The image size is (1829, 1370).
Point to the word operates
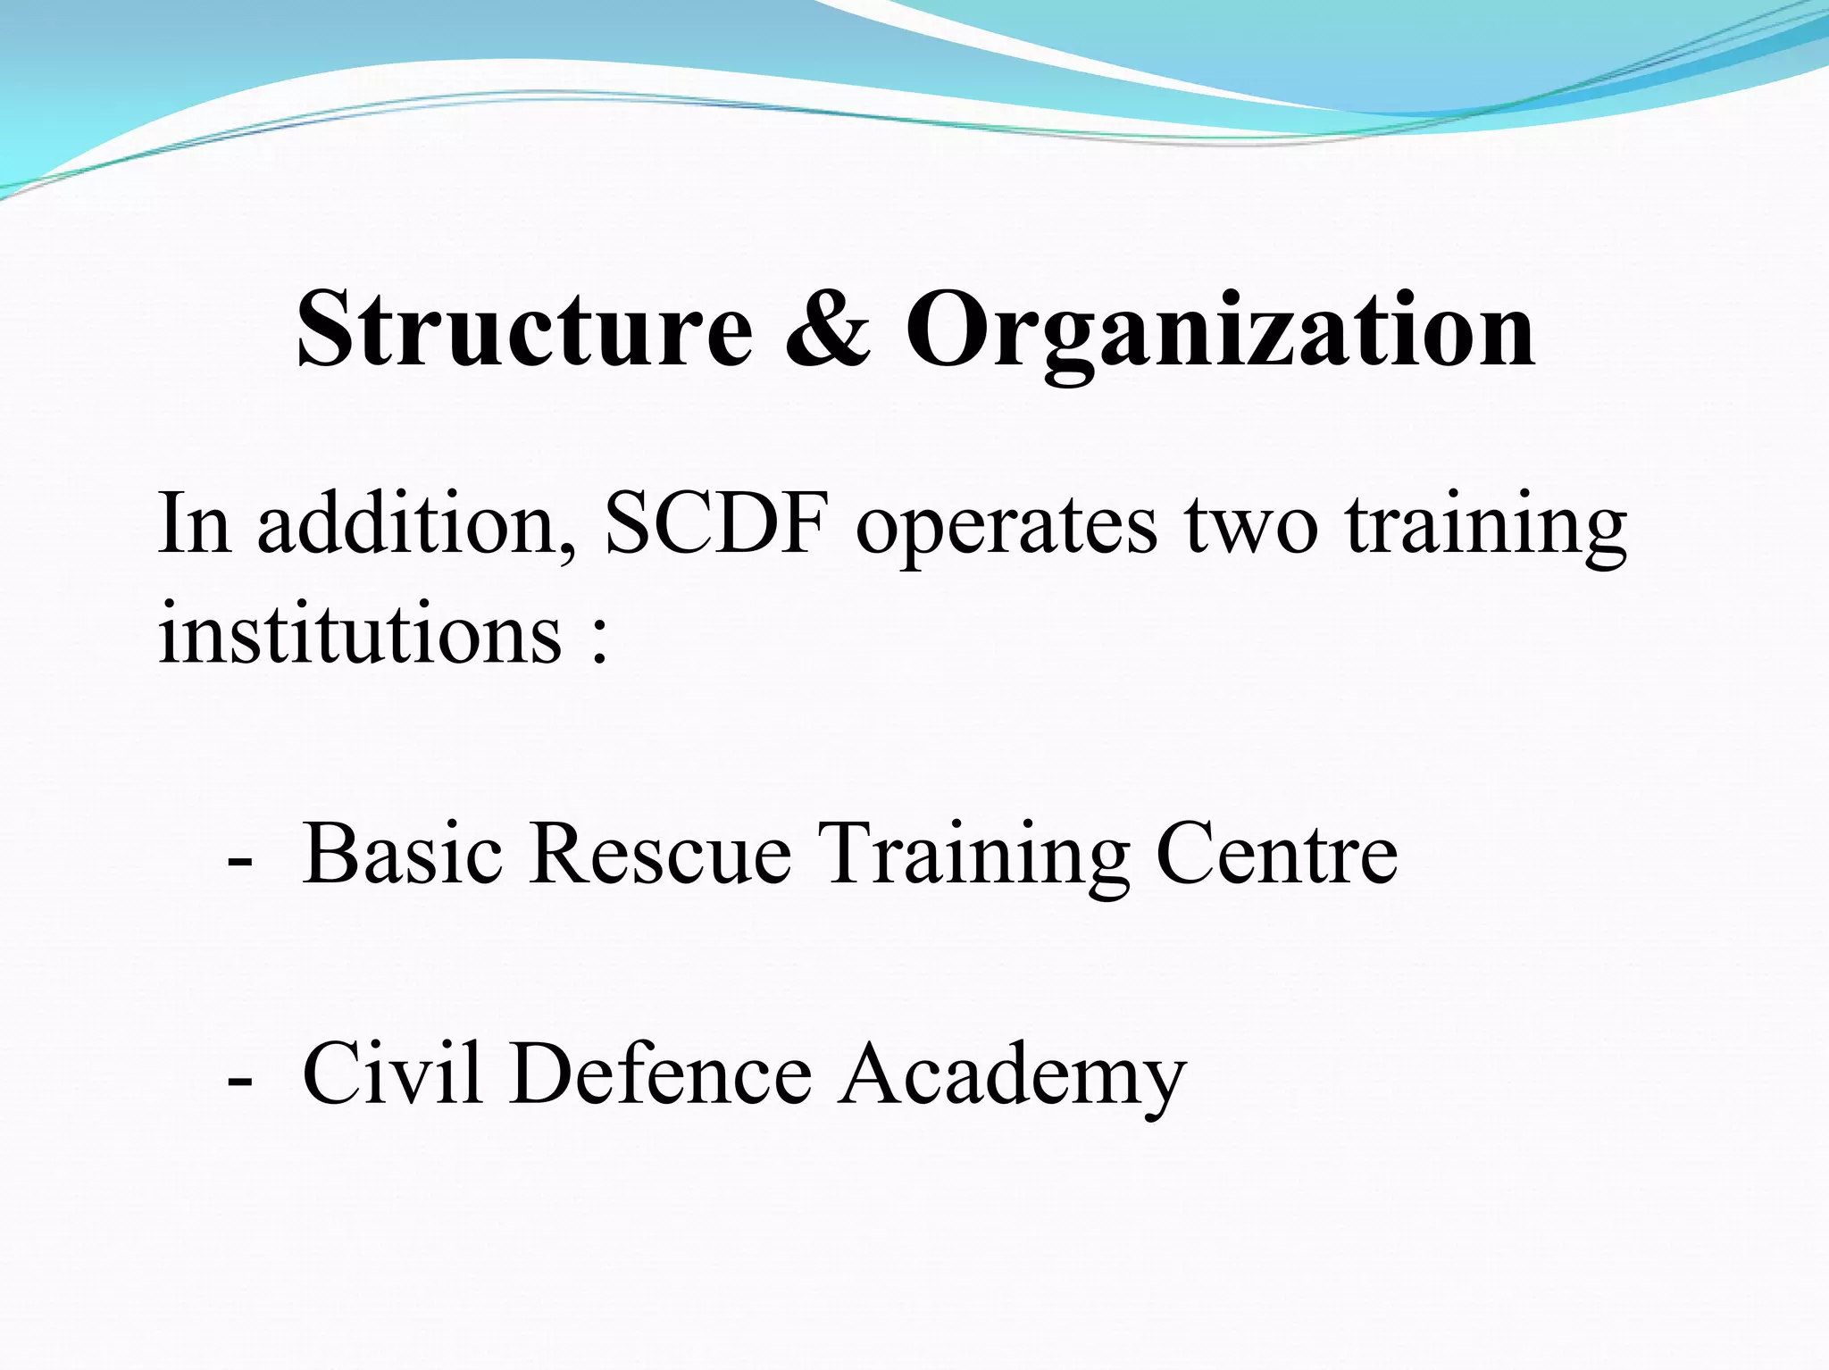coord(1006,527)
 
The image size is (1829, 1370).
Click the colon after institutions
coord(599,642)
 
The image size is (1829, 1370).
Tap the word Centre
coord(1276,854)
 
